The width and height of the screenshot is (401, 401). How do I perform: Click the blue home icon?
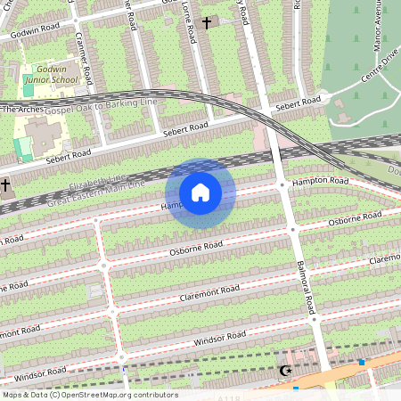(x=200, y=192)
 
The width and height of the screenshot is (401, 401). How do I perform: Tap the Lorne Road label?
(x=190, y=27)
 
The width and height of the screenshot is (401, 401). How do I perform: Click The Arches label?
(x=22, y=109)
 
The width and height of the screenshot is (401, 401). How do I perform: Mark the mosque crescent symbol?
(x=285, y=370)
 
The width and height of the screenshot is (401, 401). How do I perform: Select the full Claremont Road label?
(x=209, y=293)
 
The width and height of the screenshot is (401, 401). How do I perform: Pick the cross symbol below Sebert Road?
(x=6, y=185)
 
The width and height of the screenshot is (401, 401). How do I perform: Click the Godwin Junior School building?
(x=40, y=134)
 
